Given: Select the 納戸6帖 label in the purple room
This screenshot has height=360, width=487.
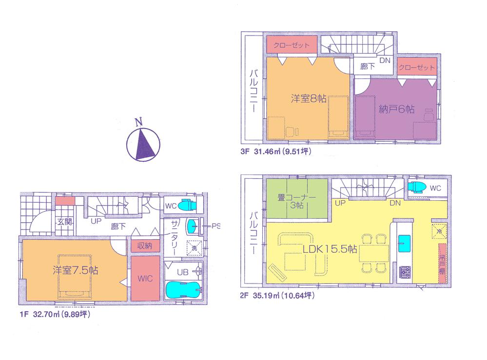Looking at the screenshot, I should tap(396, 110).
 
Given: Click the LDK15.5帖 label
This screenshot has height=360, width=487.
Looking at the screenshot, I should tap(330, 249).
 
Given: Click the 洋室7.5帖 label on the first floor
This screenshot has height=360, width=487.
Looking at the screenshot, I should tap(75, 270).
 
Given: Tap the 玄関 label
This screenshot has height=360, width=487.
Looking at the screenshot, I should tap(65, 222).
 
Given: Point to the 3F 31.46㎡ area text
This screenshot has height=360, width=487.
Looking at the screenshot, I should tap(275, 152).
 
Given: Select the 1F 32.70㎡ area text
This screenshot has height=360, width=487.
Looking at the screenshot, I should tap(55, 315).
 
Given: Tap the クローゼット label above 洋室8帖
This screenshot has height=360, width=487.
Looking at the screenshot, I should tap(291, 45).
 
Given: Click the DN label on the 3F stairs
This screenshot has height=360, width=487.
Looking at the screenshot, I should tap(385, 61).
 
